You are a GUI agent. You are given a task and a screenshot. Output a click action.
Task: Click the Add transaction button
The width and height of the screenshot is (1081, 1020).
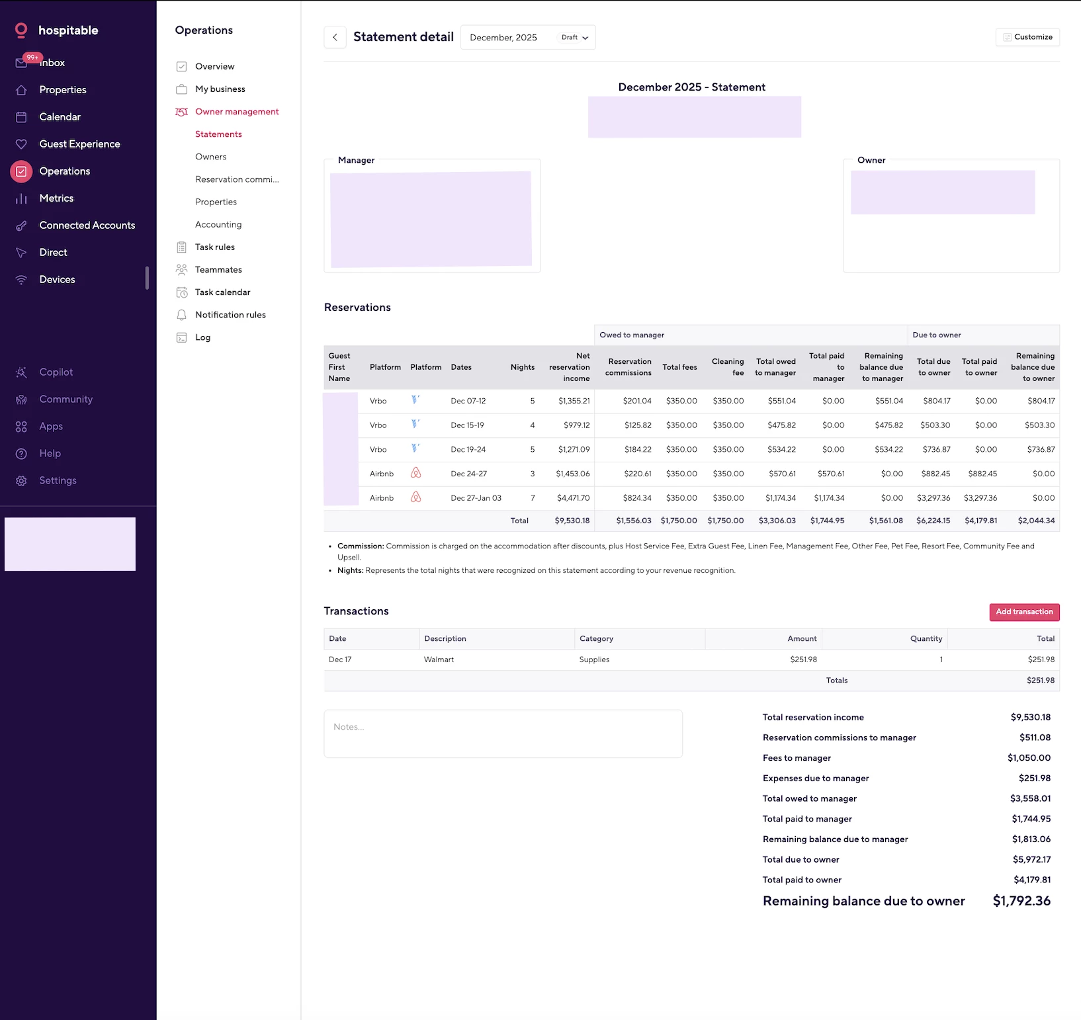(x=1024, y=612)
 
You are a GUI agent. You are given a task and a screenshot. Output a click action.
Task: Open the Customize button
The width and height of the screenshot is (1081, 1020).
(x=1027, y=37)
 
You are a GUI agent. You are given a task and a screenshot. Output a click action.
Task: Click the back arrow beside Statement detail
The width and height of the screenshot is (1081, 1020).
(x=335, y=37)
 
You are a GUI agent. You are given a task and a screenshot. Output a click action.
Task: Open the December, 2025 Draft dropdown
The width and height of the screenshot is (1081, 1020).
(x=528, y=38)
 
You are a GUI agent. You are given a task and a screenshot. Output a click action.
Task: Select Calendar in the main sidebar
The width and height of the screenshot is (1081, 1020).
(x=60, y=117)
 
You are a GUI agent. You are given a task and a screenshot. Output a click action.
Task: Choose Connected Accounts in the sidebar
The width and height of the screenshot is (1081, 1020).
(x=87, y=226)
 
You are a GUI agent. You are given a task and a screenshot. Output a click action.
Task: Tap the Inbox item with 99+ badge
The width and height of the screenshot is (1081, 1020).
(x=52, y=63)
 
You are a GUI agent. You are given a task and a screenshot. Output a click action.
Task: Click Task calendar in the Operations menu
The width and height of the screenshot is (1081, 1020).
(x=222, y=292)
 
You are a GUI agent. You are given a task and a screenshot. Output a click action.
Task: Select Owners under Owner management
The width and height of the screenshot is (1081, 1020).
(x=210, y=157)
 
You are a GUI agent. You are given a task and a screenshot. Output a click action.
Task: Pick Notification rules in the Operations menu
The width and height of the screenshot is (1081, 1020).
(x=230, y=315)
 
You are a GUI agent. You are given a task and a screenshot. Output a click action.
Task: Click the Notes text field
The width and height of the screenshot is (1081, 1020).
(x=503, y=734)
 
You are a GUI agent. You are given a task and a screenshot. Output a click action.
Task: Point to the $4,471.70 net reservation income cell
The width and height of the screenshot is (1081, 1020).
(x=573, y=498)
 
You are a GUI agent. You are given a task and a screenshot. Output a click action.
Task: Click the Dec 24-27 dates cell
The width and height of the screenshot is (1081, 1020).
(x=468, y=474)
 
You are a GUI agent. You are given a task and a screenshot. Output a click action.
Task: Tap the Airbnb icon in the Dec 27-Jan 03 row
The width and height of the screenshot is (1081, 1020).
(x=415, y=497)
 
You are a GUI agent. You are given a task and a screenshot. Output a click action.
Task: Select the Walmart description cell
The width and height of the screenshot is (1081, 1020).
(x=439, y=659)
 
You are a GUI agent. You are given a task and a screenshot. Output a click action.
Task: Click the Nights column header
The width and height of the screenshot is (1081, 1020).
(x=522, y=367)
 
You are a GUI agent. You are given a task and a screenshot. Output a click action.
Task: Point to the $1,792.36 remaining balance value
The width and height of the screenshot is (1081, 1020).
(x=1021, y=901)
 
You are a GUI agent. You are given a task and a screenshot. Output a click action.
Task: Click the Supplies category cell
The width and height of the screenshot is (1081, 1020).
(x=594, y=659)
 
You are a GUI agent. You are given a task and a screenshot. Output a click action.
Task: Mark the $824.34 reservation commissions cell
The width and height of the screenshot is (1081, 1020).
(x=636, y=498)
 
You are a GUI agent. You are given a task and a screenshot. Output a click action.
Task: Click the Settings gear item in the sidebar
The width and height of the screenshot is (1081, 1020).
(x=58, y=481)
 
